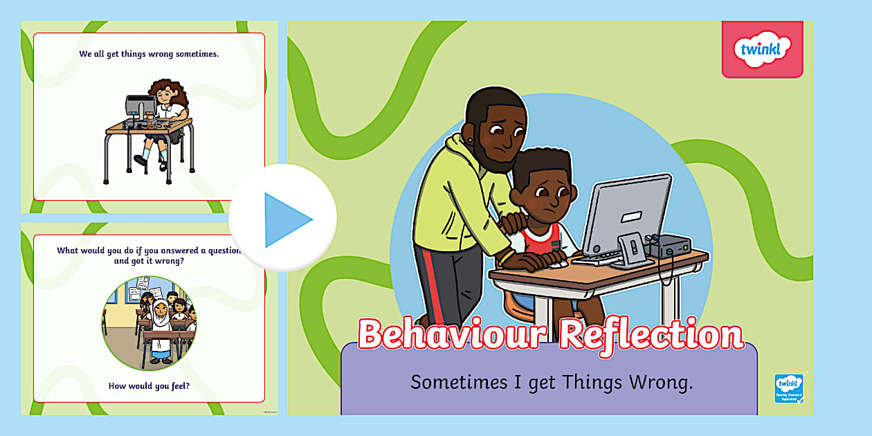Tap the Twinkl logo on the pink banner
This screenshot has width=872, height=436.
pos(761,50)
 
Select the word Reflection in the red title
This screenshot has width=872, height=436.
pos(651,336)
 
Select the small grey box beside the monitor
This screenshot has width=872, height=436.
pos(669,246)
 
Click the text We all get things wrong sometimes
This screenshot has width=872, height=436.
pos(149,54)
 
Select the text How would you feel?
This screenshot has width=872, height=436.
pos(149,385)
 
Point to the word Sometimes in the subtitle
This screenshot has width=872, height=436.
pos(453,382)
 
